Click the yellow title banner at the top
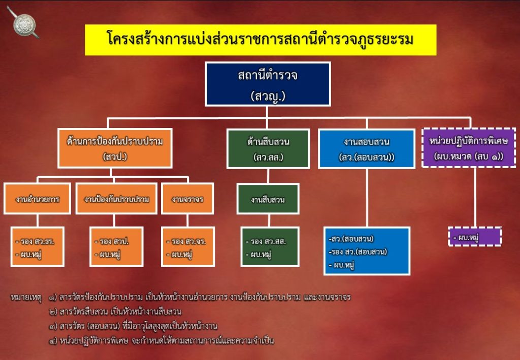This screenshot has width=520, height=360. pos(261,39)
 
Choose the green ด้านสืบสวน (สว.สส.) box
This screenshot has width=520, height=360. pos(268,149)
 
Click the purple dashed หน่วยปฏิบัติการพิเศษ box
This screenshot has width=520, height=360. pos(469,147)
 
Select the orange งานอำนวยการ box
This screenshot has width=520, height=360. pos(38,199)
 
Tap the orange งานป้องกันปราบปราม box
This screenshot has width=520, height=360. pos(116,199)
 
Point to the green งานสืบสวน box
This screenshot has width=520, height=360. pos(268,199)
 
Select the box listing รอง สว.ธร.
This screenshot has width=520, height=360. pos(38,247)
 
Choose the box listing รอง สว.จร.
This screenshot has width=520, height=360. pos(187,247)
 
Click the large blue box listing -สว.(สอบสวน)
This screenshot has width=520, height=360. pos(367,251)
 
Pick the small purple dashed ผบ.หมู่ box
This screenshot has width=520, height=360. pos(474,237)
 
